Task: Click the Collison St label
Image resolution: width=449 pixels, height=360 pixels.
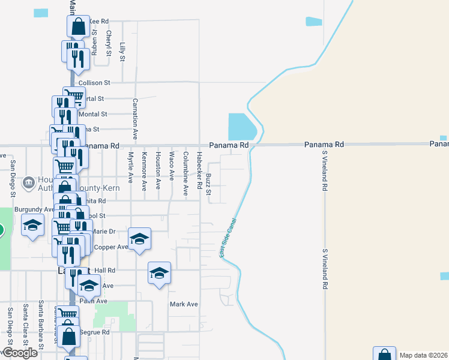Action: point(98,82)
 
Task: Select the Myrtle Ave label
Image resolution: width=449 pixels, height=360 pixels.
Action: point(130,167)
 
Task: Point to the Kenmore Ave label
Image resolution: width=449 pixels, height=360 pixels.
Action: point(144,171)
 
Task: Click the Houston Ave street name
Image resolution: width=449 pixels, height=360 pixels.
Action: point(158,171)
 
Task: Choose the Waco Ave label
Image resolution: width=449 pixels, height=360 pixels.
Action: point(172,166)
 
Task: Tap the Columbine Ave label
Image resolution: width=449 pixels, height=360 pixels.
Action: point(185,173)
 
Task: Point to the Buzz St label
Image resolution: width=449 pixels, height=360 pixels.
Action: point(209,185)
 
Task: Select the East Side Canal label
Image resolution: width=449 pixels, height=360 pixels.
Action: point(230,238)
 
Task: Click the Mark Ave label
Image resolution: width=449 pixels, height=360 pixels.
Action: point(183,304)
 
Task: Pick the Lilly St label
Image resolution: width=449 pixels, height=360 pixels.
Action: point(122,52)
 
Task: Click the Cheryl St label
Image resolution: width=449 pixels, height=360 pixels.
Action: point(109,44)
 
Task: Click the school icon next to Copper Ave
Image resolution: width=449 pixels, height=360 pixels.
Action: point(139,239)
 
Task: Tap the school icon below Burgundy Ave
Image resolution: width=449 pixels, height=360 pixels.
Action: point(33,226)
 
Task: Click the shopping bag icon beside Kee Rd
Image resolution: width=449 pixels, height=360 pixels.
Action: point(78,26)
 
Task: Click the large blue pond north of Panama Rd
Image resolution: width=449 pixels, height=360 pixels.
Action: point(242,127)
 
